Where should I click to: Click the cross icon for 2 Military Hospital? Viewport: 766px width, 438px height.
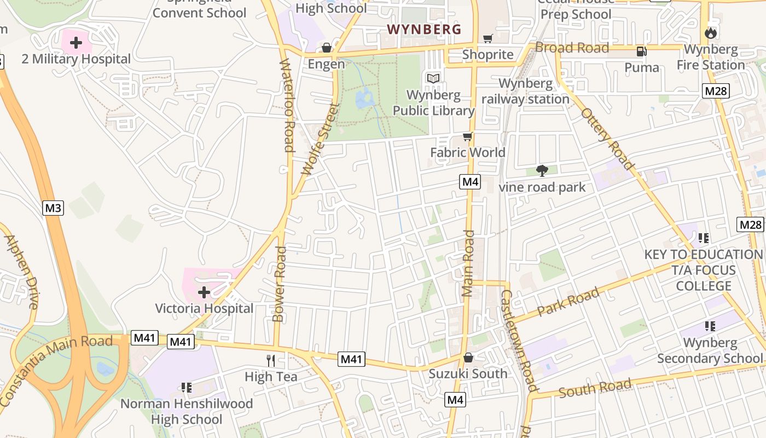76,43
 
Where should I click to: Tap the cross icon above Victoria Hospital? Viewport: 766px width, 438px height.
204,292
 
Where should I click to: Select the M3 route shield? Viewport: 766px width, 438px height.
53,208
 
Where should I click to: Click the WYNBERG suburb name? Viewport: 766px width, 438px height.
424,30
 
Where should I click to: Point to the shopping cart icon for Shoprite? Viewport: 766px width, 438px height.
488,38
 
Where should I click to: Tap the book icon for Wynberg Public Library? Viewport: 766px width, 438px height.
433,79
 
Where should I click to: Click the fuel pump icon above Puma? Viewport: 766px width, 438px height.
641,51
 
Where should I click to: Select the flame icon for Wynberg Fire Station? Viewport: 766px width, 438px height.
711,33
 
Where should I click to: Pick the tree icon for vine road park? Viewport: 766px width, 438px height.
542,171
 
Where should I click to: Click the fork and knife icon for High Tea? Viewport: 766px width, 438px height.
271,360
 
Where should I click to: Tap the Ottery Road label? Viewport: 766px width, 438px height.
607,139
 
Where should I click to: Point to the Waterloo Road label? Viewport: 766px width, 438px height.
288,106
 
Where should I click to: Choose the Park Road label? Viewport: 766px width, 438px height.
568,302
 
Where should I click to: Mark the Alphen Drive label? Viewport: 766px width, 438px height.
21,272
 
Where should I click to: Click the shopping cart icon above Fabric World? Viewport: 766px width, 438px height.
467,136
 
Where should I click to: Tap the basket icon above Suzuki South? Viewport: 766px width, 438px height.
468,358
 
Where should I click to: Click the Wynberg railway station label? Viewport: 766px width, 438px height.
525,91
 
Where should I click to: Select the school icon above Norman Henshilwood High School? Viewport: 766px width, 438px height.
186,388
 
